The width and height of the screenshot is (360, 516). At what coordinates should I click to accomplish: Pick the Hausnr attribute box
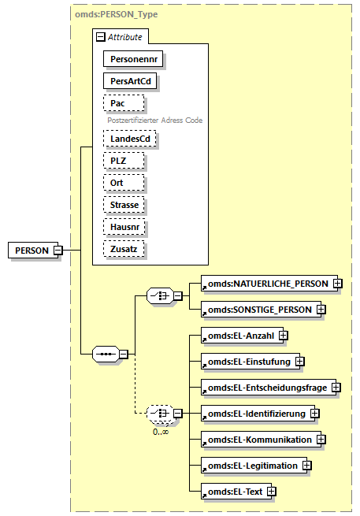coord(123,227)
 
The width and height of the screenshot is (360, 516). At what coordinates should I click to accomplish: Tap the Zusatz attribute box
coord(122,249)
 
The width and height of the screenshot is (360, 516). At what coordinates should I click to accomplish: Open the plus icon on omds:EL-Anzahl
coord(282,336)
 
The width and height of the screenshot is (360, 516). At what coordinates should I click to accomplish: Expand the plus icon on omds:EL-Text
coord(271,492)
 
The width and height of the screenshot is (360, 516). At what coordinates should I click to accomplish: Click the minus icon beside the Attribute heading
coord(100,36)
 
